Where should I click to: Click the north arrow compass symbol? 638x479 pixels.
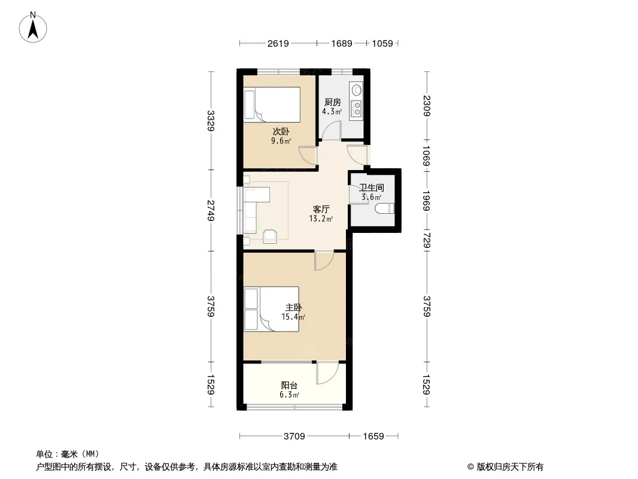pos(33,28)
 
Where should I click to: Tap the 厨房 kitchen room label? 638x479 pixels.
pos(332,102)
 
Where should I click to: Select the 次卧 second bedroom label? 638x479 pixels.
pos(281,132)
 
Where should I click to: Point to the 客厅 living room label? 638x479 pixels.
pos(321,209)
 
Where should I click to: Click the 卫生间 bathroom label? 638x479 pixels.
pos(372,187)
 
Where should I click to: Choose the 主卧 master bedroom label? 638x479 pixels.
pos(293,308)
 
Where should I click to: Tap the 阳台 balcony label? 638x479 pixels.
pos(289,385)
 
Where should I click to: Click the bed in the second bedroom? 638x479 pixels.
pos(272,105)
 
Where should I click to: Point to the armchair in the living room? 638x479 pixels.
pos(270,237)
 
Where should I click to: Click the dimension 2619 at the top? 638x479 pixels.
pos(278,43)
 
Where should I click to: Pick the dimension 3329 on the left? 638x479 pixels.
pos(211,121)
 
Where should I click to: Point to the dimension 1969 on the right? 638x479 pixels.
pos(426,201)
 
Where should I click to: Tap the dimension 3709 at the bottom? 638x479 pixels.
pos(294,436)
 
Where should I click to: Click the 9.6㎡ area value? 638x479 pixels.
pos(281,141)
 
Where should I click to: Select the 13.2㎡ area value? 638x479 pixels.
pos(321,219)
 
